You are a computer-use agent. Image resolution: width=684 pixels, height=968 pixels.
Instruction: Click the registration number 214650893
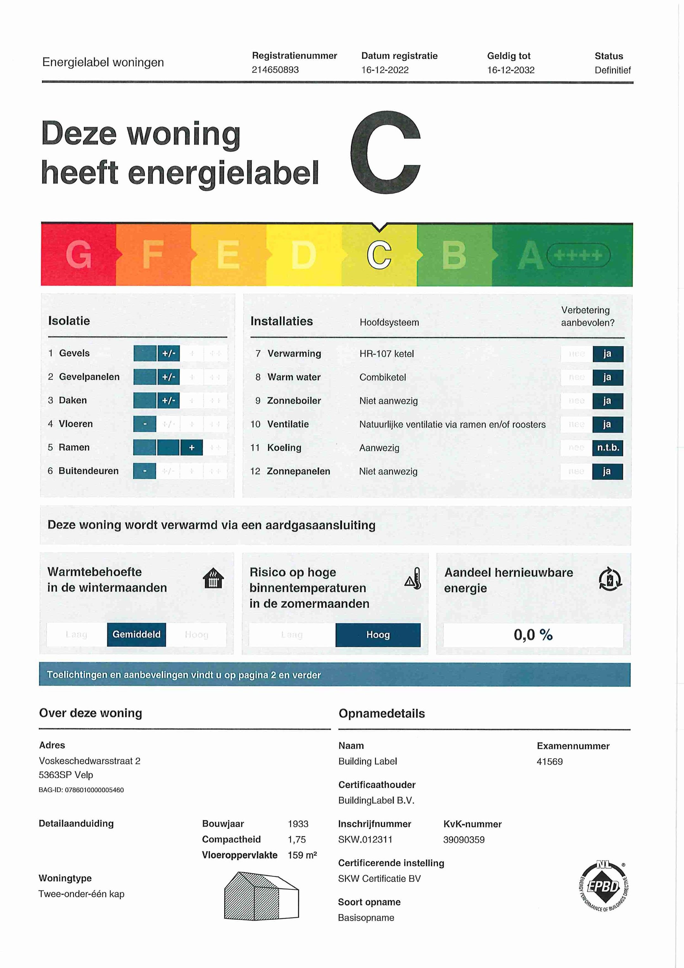coord(275,70)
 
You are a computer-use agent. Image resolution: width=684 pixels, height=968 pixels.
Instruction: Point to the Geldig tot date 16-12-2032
coord(511,70)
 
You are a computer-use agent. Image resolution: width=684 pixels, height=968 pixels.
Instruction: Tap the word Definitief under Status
coord(612,70)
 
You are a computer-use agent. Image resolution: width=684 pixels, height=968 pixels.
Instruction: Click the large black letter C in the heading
coord(385,153)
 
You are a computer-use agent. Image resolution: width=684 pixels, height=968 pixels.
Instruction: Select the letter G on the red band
coord(79,255)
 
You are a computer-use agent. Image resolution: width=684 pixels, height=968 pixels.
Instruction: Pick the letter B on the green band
coord(454,255)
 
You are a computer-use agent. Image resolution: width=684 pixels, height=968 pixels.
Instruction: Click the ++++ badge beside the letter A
coord(578,255)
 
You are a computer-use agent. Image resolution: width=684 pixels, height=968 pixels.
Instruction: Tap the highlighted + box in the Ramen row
coord(191,447)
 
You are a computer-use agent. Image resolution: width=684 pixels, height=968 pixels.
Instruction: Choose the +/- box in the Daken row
coord(168,400)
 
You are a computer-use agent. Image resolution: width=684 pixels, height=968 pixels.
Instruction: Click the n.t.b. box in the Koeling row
coord(608,448)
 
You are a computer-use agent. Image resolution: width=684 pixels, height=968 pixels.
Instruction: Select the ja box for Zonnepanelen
coord(607,471)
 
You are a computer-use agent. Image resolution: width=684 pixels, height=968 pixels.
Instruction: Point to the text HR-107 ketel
coord(386,354)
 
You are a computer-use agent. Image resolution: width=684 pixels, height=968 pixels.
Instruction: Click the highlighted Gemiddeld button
coord(136,634)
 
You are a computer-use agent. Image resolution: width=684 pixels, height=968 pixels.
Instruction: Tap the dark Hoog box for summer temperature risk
coord(377,635)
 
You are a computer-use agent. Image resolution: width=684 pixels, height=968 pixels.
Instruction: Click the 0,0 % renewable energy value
coord(533,635)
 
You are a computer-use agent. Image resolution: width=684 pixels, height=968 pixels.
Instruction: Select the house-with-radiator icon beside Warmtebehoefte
coord(213,578)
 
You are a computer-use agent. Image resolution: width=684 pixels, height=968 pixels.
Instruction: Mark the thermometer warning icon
coord(413,579)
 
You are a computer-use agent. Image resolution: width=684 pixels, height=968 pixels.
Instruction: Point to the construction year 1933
coord(298,824)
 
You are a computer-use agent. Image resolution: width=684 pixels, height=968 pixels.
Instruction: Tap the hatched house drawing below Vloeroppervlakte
coord(261,896)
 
